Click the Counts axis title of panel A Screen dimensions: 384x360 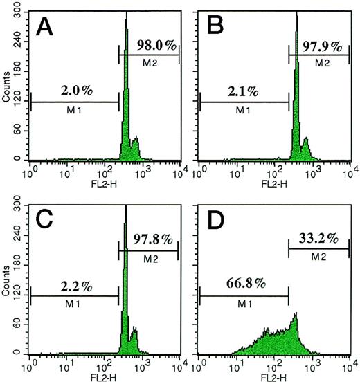[6, 88]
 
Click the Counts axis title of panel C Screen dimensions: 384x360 [6, 280]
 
